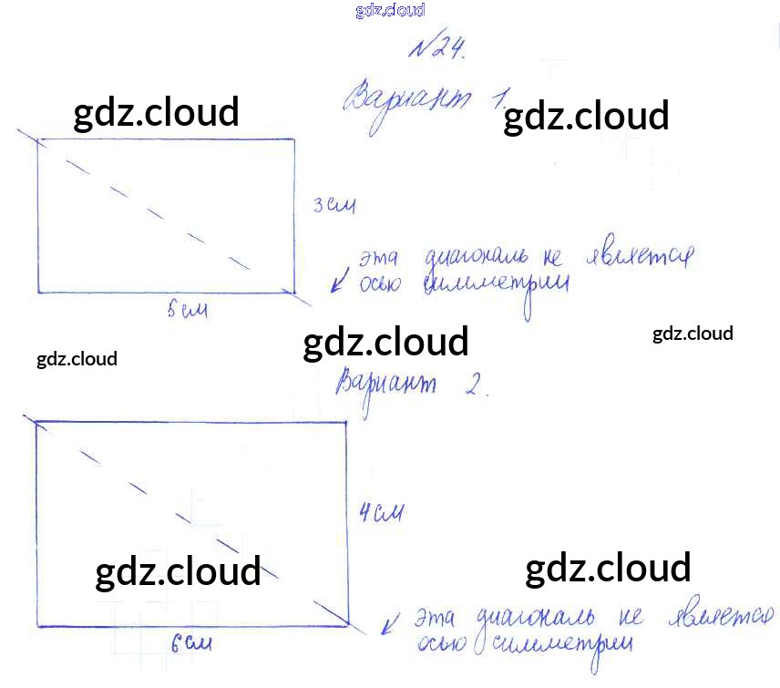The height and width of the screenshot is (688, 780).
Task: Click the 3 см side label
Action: click(333, 207)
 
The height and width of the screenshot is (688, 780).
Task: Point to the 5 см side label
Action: click(186, 312)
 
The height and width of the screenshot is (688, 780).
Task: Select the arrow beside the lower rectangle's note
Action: click(391, 623)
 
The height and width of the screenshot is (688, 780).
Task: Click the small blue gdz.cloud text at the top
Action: click(390, 11)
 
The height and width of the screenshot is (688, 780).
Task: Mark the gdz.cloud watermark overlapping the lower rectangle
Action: click(179, 572)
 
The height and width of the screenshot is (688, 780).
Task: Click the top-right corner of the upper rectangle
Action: click(294, 139)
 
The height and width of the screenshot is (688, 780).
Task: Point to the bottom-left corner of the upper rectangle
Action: click(38, 293)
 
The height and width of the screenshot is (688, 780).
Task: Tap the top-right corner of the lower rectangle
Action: click(347, 423)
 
